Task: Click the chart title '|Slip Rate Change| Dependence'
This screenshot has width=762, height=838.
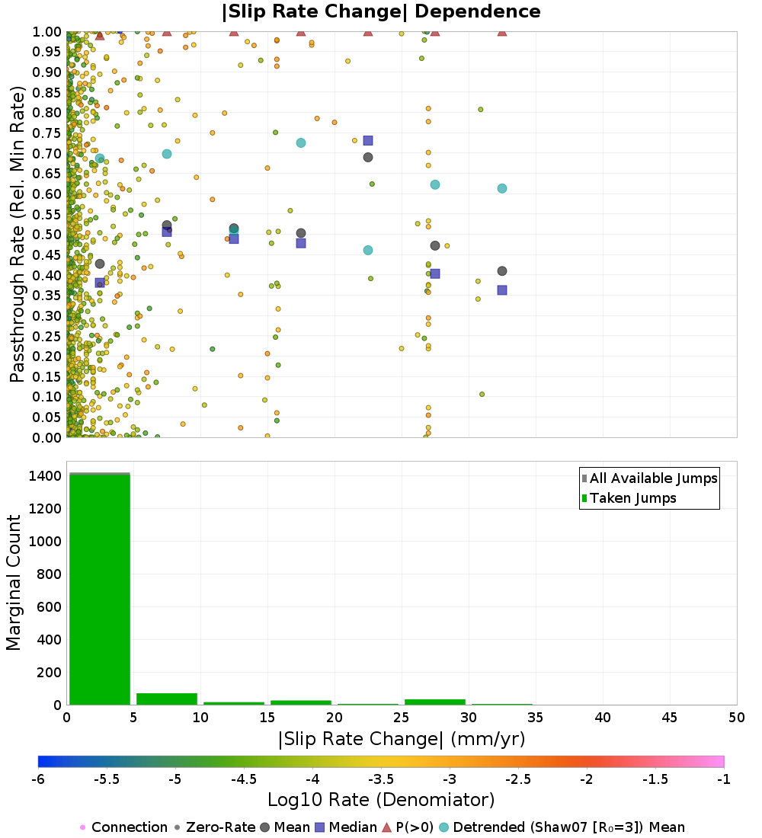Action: (x=381, y=11)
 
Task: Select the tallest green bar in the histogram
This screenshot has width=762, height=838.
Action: (x=100, y=589)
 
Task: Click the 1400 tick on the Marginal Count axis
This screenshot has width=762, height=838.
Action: (x=46, y=475)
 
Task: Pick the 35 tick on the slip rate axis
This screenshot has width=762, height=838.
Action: (x=536, y=717)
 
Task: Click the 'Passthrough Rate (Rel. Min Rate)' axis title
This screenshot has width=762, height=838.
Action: (x=18, y=234)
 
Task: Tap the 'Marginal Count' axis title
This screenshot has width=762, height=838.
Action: (x=14, y=583)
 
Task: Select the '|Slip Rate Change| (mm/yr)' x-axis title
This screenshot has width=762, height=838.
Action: (x=402, y=739)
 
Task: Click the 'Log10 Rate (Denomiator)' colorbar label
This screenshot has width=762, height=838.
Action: (x=381, y=799)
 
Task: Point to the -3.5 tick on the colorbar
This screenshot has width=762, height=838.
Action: (x=381, y=779)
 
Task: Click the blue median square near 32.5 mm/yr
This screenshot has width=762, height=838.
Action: (x=502, y=290)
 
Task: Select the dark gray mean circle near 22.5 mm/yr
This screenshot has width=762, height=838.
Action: (x=368, y=157)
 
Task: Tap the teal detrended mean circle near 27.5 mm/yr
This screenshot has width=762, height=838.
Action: (x=435, y=184)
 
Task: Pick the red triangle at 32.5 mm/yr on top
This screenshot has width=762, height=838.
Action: (x=502, y=32)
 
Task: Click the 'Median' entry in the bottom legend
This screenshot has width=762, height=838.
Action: (x=345, y=827)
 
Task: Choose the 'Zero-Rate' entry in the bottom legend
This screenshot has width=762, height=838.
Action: (x=216, y=827)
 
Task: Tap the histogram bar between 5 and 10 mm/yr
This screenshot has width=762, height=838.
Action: (x=167, y=699)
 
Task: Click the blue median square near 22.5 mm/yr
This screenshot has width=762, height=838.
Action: (x=368, y=141)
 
